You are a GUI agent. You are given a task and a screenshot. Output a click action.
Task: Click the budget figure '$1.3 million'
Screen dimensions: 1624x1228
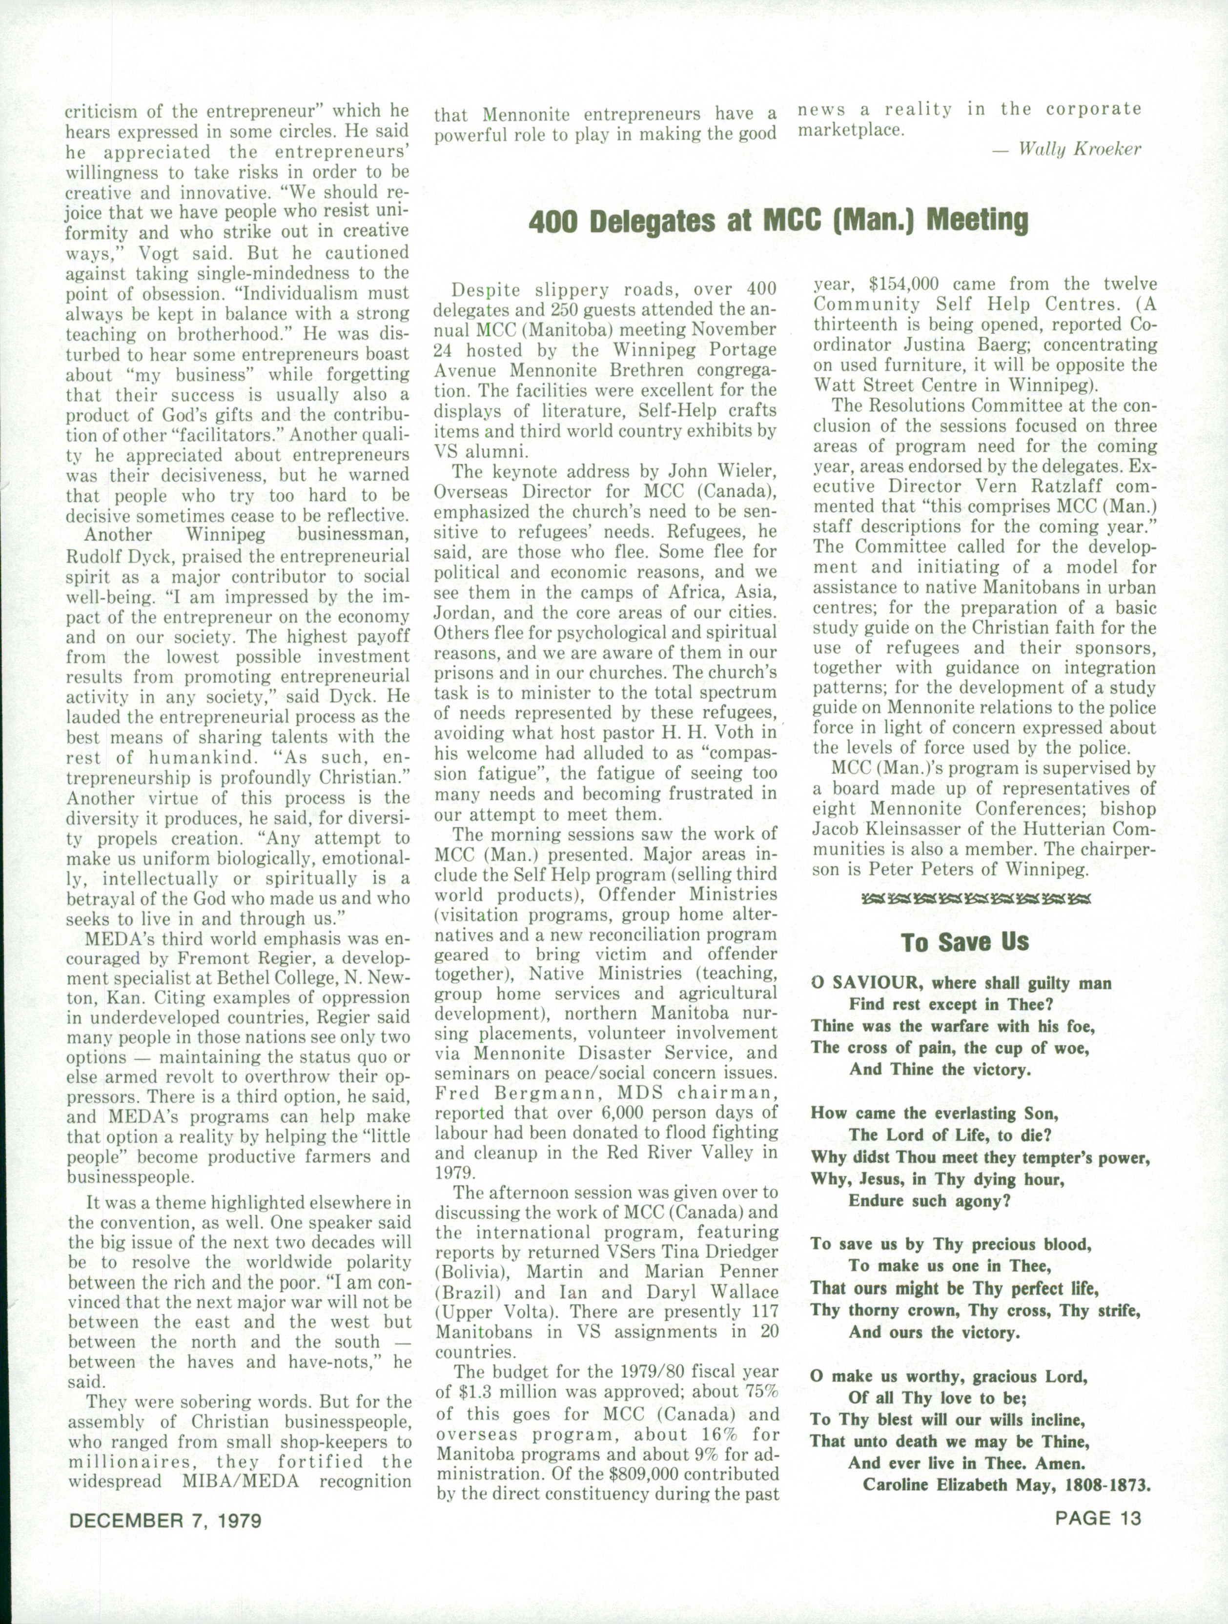point(511,1391)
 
